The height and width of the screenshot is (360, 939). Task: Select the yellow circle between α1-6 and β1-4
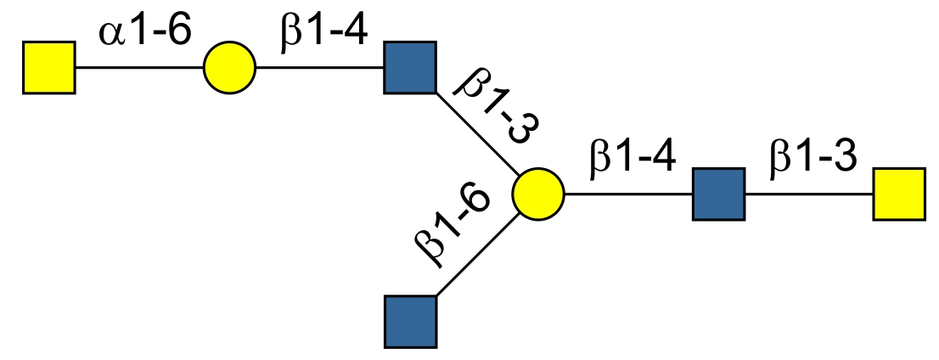click(229, 66)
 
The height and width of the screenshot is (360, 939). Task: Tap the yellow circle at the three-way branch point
click(538, 194)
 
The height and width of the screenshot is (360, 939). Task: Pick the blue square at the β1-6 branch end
click(411, 321)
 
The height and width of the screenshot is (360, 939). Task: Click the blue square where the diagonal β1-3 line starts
click(410, 66)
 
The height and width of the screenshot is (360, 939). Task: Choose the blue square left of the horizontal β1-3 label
click(719, 194)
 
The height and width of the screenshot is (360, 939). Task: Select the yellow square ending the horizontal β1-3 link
click(898, 194)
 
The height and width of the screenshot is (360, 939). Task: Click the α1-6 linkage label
click(145, 35)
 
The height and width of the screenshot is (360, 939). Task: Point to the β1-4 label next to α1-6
click(323, 35)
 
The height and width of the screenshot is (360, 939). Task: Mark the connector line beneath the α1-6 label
click(140, 66)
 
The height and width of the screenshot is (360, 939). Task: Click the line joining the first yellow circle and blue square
click(320, 66)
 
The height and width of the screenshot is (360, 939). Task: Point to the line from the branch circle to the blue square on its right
click(628, 194)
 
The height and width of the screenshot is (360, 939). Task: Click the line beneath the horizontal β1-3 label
click(808, 194)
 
